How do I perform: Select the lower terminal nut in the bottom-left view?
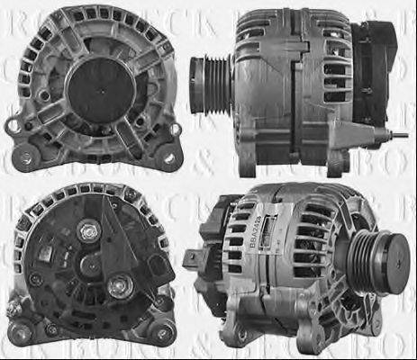pyautogui.click(x=116, y=287)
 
